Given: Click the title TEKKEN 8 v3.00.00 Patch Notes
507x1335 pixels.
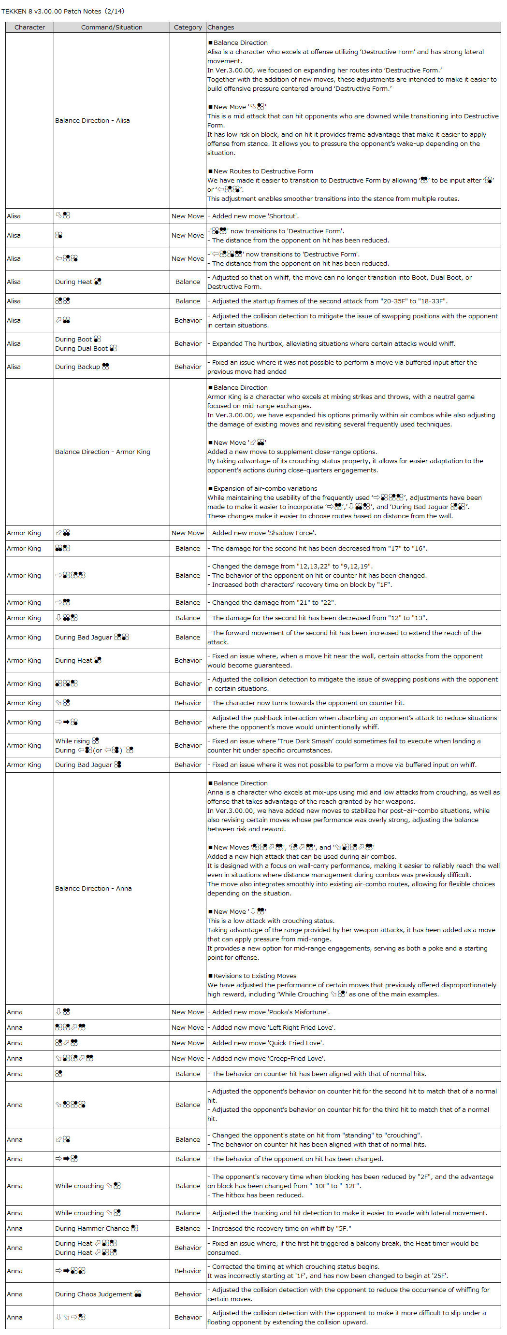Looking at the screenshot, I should [63, 11].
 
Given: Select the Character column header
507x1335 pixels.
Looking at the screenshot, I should [29, 28].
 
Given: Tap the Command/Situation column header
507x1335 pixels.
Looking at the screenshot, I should [112, 28].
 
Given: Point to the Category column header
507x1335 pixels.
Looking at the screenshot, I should [188, 28].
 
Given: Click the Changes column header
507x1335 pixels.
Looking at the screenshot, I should [221, 28].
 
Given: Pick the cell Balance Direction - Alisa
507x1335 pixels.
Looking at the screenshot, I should [92, 120].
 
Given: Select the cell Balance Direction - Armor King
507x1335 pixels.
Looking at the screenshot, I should [102, 452].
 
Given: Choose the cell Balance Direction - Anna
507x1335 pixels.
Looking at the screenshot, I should [93, 888].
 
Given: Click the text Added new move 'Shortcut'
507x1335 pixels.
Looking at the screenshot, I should [255, 216].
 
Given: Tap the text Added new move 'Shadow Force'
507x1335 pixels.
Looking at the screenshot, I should [264, 533].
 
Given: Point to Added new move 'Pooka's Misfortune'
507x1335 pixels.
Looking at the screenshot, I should [271, 1011].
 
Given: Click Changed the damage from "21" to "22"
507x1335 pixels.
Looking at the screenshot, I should [274, 602].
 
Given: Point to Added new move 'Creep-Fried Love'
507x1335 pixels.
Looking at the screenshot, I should [269, 1058].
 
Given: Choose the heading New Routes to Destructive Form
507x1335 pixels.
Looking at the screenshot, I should [263, 171].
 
